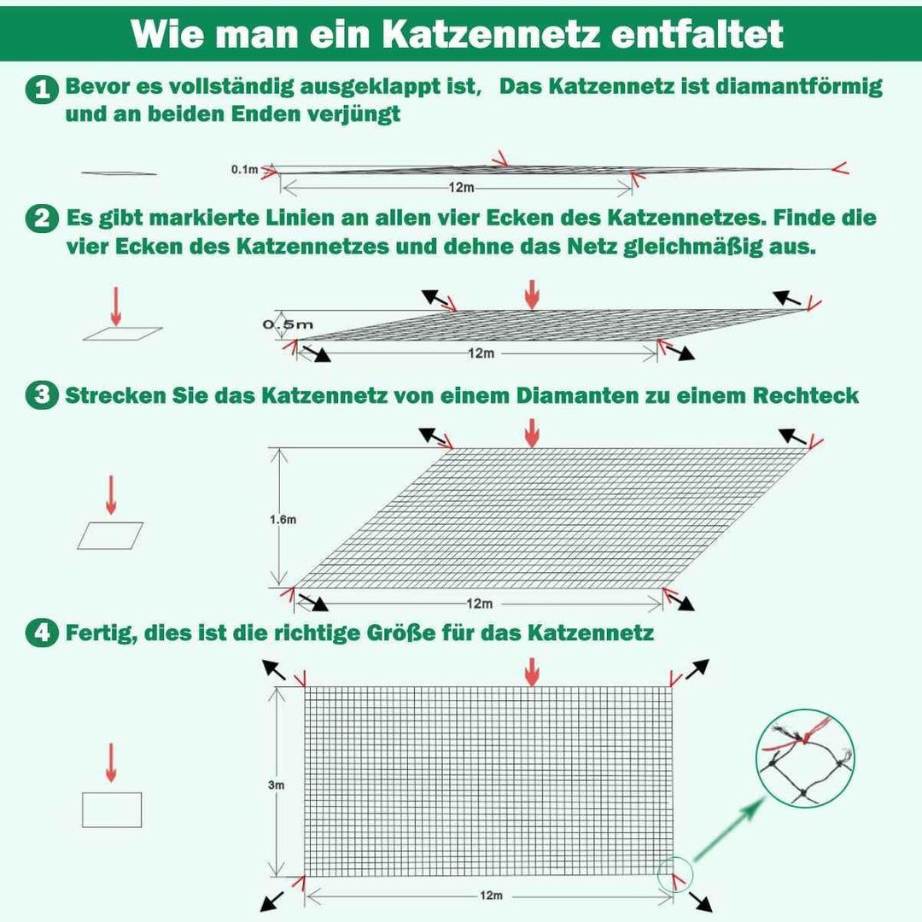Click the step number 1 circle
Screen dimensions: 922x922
pyautogui.click(x=41, y=89)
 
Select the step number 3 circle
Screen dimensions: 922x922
pyautogui.click(x=39, y=396)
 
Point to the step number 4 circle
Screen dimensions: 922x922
pyautogui.click(x=39, y=633)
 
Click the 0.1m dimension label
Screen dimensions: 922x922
pyautogui.click(x=244, y=170)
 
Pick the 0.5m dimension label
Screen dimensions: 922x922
pyautogui.click(x=288, y=324)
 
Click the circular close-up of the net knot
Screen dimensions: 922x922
pyautogui.click(x=806, y=758)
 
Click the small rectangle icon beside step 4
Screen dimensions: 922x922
pyautogui.click(x=112, y=809)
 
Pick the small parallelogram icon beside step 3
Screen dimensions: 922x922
pyautogui.click(x=111, y=535)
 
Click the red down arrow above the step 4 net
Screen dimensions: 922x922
pyautogui.click(x=532, y=672)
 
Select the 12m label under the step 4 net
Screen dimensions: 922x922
pyautogui.click(x=490, y=896)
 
